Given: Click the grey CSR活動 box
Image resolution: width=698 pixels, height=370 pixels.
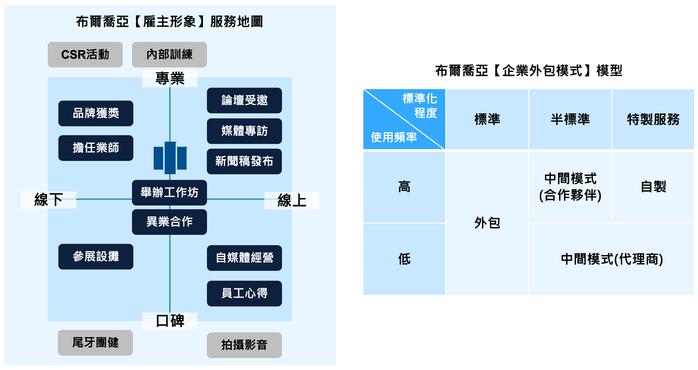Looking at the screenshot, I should tap(85, 55).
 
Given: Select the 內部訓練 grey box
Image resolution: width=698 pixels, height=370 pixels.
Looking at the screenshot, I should tap(169, 55).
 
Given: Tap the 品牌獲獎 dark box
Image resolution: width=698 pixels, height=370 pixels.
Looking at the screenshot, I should tap(96, 113).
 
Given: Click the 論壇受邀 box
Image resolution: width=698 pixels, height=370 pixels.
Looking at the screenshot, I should tap(244, 100).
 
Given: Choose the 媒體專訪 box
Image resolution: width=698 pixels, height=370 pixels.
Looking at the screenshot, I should tap(244, 131).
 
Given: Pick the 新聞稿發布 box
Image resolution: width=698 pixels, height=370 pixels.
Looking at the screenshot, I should tap(244, 161).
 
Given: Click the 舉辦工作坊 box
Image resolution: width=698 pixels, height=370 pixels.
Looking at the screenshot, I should tap(169, 193).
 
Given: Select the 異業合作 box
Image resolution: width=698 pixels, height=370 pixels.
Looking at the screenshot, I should tap(169, 222).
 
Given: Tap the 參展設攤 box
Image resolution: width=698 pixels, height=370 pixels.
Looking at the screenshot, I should tap(96, 256).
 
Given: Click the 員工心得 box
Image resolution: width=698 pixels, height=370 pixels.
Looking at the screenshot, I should tap(244, 293).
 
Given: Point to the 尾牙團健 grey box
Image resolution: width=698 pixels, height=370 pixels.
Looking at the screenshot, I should tap(95, 343).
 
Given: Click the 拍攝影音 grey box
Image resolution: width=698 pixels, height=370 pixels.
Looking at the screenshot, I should tap(244, 345).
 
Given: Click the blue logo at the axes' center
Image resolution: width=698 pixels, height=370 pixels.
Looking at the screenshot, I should tap(170, 158).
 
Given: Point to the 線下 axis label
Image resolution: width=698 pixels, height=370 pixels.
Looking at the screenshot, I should tap(48, 200).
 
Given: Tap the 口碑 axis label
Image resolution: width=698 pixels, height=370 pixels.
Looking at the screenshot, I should tap(170, 321).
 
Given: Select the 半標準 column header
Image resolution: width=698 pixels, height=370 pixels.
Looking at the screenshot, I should tap(570, 119).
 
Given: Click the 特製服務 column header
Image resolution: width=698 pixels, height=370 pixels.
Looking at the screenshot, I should tap(653, 119).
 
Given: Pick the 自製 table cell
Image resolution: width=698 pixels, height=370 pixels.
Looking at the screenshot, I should tap(653, 187).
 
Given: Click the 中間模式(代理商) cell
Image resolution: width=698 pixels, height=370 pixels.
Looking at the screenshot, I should tap(611, 259).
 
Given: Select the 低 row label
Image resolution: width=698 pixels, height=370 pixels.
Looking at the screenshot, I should tap(404, 259).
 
